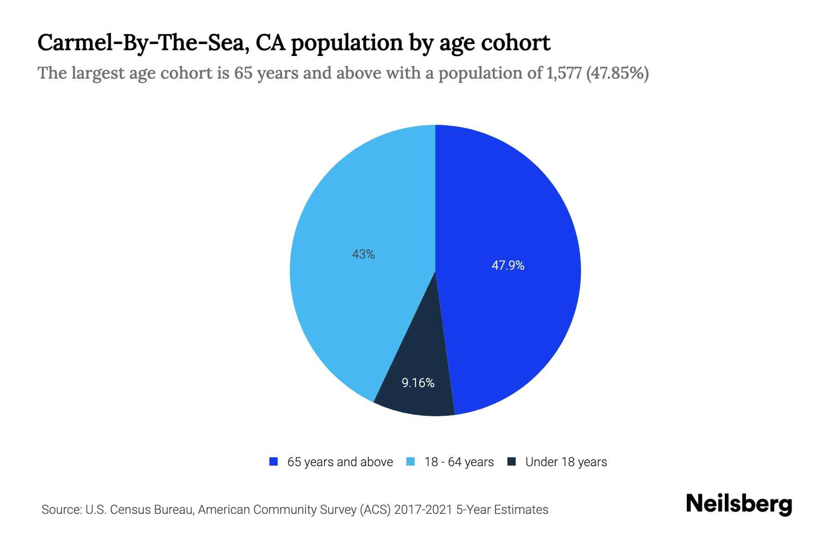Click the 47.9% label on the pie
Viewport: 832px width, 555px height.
(x=508, y=265)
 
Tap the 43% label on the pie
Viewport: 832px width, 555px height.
(x=363, y=254)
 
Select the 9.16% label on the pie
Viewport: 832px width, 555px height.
(x=418, y=383)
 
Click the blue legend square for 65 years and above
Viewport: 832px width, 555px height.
(x=274, y=462)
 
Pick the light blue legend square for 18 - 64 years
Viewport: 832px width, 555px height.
(x=410, y=462)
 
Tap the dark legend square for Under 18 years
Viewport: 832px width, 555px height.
(x=511, y=462)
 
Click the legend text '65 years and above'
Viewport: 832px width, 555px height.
(x=340, y=462)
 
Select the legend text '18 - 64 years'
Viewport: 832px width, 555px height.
(x=459, y=462)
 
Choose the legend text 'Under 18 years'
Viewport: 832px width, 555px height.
(x=566, y=462)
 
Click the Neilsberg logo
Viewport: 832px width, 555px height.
(x=739, y=504)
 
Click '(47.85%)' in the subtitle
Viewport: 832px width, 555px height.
(x=617, y=74)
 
